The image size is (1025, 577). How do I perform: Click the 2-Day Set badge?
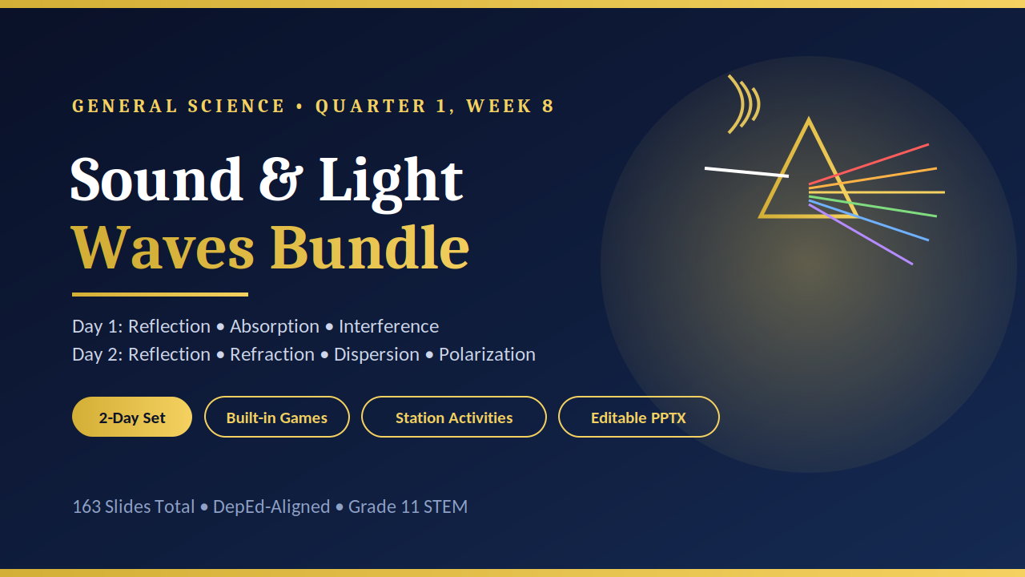tap(132, 417)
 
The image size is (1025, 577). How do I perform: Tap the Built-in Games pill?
tap(277, 417)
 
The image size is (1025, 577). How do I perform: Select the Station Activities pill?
tap(454, 417)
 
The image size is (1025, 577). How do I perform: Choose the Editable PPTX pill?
tap(638, 417)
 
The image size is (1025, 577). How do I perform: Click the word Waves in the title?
tap(163, 248)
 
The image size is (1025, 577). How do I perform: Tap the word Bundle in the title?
tap(370, 248)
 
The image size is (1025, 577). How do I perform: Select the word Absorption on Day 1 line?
tap(275, 327)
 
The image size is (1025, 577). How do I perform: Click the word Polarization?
tap(487, 354)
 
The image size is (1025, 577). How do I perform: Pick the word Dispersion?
tap(376, 355)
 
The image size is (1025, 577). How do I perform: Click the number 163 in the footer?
tap(86, 507)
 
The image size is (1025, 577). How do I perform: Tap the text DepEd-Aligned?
tap(271, 507)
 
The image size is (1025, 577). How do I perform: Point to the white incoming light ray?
tap(746, 172)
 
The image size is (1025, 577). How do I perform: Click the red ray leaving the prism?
tap(869, 164)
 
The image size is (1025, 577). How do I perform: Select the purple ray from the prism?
tap(861, 235)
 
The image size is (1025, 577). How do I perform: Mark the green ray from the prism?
tap(873, 207)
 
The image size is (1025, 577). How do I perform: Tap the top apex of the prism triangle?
tap(809, 119)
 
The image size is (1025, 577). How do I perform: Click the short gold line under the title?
tap(160, 294)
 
